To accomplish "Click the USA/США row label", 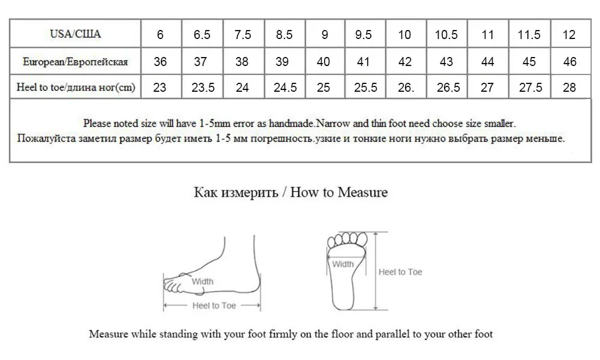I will point(75,34).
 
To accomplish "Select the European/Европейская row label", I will point(75,62).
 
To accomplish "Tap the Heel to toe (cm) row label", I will point(75,88).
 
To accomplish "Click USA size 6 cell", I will point(160,35).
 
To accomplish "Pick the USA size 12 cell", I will point(569,35).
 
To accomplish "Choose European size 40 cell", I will point(323,62).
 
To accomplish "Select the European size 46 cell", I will point(569,62).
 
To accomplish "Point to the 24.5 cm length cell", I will point(285,88).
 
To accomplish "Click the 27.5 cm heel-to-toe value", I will point(529,88).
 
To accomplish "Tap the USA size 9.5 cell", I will point(364,35).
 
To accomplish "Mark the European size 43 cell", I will point(446,62).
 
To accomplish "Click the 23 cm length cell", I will point(160,88).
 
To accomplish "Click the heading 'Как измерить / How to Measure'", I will point(291,193).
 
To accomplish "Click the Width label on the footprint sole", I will point(343,264).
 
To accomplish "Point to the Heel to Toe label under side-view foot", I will point(214,305).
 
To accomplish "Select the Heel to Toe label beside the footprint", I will point(400,272).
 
